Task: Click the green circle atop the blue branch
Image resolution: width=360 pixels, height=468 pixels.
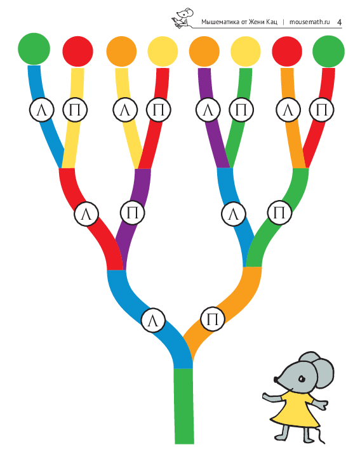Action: point(34,49)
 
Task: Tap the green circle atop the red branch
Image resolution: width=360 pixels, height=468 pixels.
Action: point(328,51)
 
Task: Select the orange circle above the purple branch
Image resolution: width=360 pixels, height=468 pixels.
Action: point(204,51)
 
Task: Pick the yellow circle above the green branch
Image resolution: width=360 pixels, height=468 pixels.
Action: point(245,51)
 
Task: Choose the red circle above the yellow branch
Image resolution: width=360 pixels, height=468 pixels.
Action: point(77,51)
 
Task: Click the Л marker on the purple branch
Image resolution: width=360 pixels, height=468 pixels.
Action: point(208,110)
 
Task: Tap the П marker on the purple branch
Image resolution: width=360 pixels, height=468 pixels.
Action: point(133,213)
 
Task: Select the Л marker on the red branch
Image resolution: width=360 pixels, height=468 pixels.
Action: point(86,214)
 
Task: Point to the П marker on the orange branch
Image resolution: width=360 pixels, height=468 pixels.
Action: point(213,319)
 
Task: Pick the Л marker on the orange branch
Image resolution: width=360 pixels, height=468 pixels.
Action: point(288,110)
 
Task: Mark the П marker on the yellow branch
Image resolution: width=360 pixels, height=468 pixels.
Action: point(75,110)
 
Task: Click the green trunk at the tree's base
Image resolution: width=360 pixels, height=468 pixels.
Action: point(184,406)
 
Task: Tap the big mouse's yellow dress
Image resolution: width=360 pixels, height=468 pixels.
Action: point(294,410)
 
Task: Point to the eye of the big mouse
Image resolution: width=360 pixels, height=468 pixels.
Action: point(302,379)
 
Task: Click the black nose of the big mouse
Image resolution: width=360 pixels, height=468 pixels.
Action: point(276,380)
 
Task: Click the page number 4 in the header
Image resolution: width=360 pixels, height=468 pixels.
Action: point(339,22)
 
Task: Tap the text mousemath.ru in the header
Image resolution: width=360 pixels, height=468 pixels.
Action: point(310,22)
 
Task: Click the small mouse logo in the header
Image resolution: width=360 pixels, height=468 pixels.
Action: point(182,18)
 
